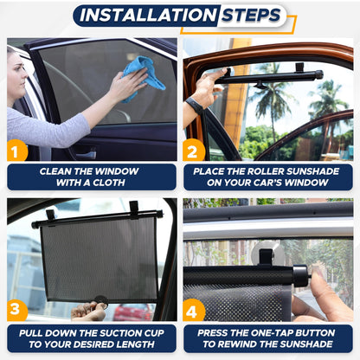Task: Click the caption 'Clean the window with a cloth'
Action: point(91,177)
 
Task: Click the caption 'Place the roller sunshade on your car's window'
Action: point(267,177)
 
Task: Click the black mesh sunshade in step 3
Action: point(100,260)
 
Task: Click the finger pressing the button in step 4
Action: point(322,286)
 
